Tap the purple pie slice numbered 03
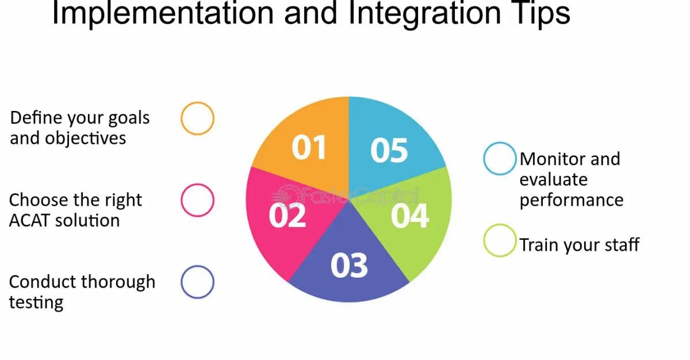pyautogui.click(x=349, y=265)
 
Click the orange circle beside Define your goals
pyautogui.click(x=197, y=118)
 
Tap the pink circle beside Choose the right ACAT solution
pyautogui.click(x=197, y=200)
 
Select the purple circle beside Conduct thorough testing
pyautogui.click(x=197, y=282)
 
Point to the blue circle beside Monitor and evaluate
pyautogui.click(x=500, y=159)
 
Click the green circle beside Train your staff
pyautogui.click(x=500, y=240)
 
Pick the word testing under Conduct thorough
pyautogui.click(x=36, y=302)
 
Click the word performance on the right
pyautogui.click(x=571, y=200)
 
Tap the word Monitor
pyautogui.click(x=553, y=159)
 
